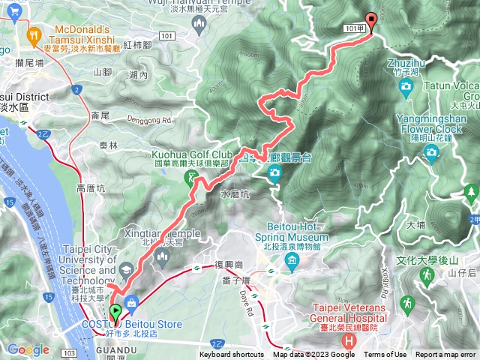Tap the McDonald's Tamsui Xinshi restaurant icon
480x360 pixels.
pyautogui.click(x=33, y=34)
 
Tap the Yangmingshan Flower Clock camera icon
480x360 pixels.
pyautogui.click(x=431, y=153)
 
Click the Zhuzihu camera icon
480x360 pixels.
pyautogui.click(x=406, y=87)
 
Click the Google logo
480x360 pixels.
pyautogui.click(x=28, y=349)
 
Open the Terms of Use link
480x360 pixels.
pyautogui.click(x=386, y=355)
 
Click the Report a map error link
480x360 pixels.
pyautogui.click(x=445, y=355)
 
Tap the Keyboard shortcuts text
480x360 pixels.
pyautogui.click(x=232, y=355)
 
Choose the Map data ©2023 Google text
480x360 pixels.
pyautogui.click(x=314, y=355)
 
